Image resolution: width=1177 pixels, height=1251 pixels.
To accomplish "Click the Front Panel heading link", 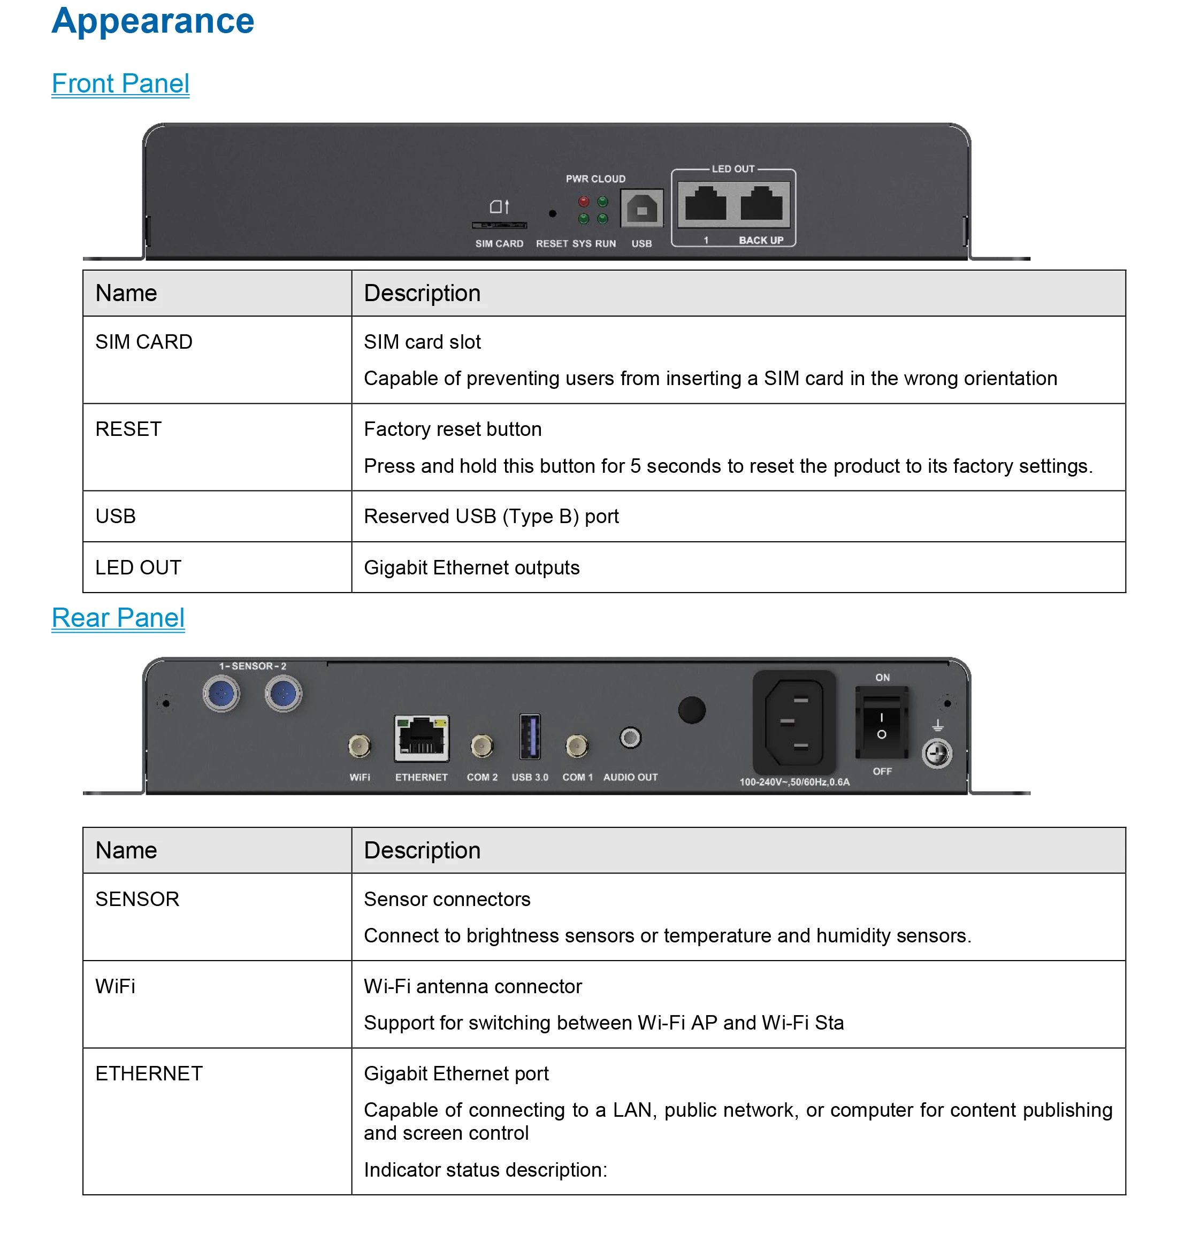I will coord(120,83).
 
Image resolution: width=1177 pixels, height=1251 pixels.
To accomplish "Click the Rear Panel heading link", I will coord(118,618).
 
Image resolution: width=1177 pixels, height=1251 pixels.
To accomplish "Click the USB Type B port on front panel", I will coord(641,208).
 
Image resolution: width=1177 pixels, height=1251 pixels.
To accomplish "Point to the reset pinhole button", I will coord(552,214).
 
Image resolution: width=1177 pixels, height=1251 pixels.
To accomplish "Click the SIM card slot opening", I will coord(499,225).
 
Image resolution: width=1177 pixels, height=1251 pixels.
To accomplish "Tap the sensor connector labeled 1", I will coord(221,694).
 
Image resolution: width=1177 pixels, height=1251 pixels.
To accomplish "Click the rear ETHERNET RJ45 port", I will coord(421,738).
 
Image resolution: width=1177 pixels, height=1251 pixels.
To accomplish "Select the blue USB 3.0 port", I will coord(529,736).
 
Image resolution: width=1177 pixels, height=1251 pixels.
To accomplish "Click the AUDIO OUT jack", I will coord(630,738).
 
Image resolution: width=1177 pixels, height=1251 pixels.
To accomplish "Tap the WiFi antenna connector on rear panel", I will coord(360,747).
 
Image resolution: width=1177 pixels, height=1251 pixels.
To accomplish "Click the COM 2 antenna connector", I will coord(481,747).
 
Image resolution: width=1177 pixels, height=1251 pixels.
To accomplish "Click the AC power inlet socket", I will coord(794,723).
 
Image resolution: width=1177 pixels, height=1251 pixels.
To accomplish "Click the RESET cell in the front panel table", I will coord(128,429).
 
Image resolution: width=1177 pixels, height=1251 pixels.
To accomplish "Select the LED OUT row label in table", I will coord(138,567).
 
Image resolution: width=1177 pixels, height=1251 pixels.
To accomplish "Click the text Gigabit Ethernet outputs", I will coord(471,567).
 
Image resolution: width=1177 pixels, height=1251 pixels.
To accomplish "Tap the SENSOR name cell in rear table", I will coord(137,899).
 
